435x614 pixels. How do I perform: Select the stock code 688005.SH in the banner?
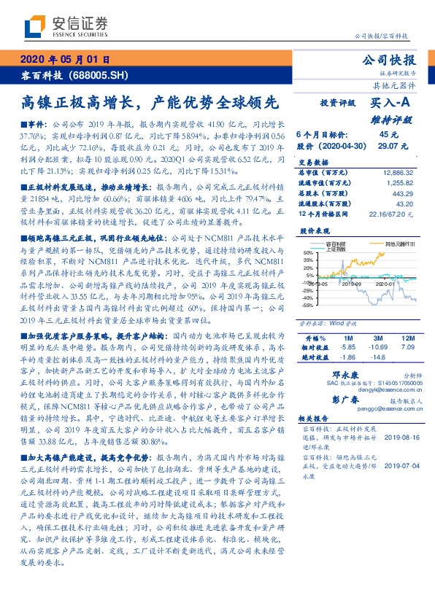click(98, 75)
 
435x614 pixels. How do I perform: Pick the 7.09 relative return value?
click(407, 348)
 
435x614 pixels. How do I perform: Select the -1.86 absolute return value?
click(345, 358)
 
